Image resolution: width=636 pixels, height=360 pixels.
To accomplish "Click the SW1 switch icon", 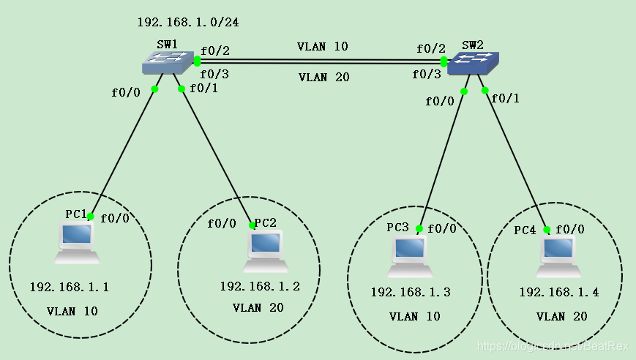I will coord(168,64).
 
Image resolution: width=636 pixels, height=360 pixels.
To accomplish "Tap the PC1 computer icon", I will coord(77,243).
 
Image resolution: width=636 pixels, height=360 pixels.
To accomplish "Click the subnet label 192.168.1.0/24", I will coord(188,22).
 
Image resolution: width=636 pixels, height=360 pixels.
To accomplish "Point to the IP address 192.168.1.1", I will coord(70,287).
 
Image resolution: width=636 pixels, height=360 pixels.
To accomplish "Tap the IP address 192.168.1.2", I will coord(260,286).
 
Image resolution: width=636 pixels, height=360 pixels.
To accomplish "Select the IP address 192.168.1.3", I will coord(411,293).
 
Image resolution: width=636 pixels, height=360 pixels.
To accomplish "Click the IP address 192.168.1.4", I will coord(559,293).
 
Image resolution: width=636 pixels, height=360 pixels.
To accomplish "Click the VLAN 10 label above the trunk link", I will coord(322,46).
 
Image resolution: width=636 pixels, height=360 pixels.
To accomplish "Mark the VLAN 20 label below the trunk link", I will coord(323,77).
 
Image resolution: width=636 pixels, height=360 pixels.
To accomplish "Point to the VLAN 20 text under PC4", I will coord(561,316).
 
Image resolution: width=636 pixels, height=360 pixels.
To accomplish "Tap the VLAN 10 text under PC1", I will coord(72,311).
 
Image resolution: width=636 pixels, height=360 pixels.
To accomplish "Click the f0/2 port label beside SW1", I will coord(215,50).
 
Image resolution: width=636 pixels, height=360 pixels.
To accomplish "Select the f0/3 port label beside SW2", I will coord(427,75).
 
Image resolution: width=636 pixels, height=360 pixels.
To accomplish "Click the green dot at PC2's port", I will coord(252,225).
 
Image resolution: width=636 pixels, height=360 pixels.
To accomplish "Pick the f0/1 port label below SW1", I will coord(203,89).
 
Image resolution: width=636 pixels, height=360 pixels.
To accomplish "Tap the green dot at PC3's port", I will coord(419,228).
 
